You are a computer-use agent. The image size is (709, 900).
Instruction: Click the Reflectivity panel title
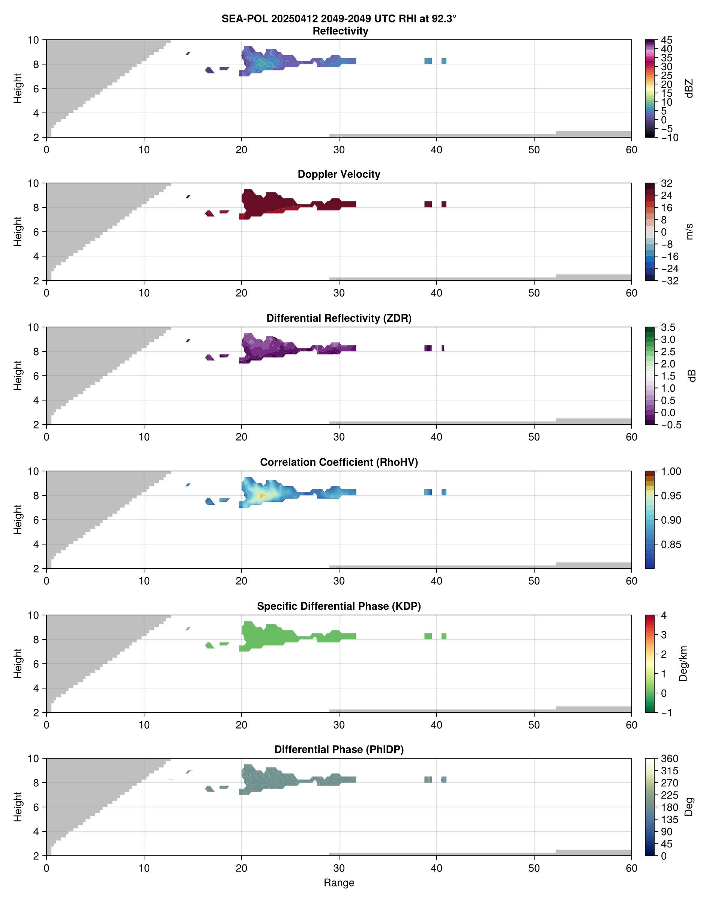click(340, 31)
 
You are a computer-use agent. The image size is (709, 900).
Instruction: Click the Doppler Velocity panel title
click(339, 174)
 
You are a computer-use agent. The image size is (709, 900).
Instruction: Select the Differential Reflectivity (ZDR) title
click(339, 318)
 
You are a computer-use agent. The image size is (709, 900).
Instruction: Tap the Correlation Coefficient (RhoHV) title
click(339, 462)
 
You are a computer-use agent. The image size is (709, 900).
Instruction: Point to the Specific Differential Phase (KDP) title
click(339, 606)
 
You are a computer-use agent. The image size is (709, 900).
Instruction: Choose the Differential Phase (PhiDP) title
click(339, 749)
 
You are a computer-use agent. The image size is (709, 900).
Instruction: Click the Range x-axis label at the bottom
click(339, 883)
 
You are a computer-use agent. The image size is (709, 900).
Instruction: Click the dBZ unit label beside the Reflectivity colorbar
click(689, 88)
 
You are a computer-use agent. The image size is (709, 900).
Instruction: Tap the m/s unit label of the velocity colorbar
click(689, 231)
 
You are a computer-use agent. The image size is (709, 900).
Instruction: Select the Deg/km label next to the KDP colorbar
click(683, 663)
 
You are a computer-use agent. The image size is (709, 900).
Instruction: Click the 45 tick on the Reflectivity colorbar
click(667, 40)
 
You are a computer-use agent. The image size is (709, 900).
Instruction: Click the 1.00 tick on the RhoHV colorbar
click(670, 471)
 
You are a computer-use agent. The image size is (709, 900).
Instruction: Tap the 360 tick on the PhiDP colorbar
click(669, 759)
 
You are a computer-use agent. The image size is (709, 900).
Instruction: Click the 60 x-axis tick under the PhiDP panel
click(631, 868)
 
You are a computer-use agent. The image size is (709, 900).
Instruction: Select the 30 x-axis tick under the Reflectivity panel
click(339, 150)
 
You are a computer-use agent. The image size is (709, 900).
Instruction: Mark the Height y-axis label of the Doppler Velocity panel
click(17, 231)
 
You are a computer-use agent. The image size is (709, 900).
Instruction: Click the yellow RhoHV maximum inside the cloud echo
click(261, 495)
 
